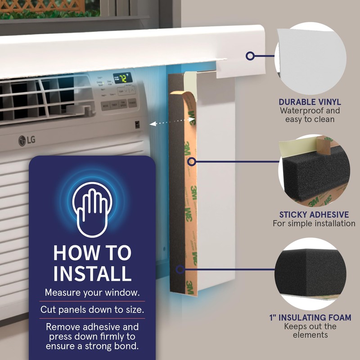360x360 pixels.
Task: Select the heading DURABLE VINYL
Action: [x=310, y=102]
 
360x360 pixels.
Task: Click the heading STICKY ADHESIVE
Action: [x=314, y=215]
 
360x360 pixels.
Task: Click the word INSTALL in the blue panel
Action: [x=92, y=273]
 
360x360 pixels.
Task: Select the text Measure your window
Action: [x=92, y=292]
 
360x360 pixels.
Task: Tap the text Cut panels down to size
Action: [x=92, y=310]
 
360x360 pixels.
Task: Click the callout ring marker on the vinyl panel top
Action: [x=250, y=56]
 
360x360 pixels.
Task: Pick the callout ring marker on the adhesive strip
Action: [x=193, y=160]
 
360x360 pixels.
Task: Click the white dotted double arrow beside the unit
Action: [x=173, y=121]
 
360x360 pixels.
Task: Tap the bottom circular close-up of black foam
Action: [x=310, y=272]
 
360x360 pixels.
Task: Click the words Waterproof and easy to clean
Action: [x=310, y=115]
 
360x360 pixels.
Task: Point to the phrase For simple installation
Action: [x=314, y=224]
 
